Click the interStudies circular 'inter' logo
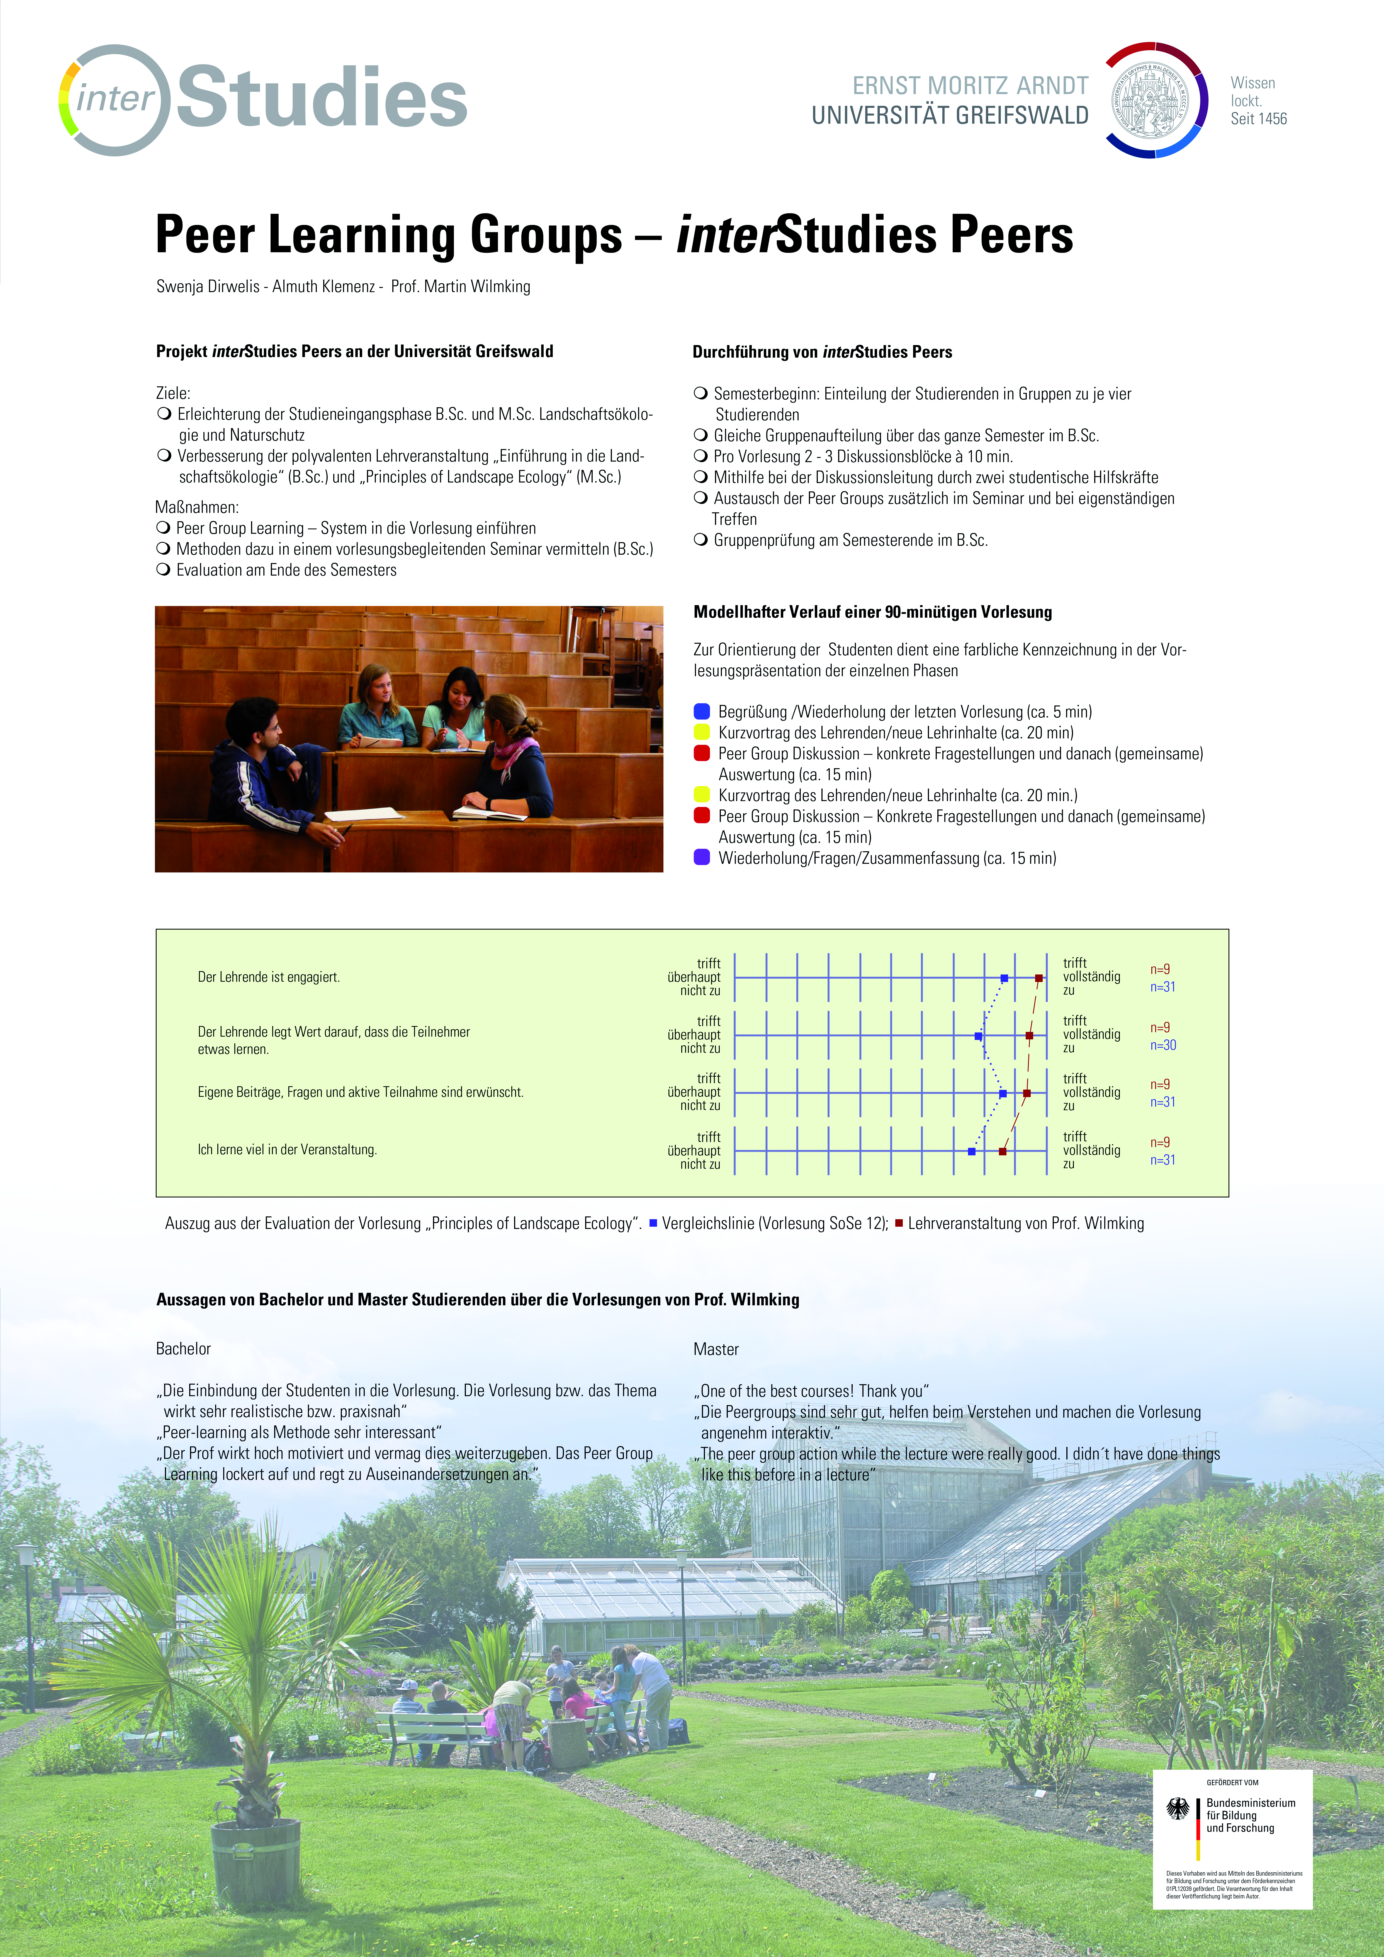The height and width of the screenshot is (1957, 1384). pyautogui.click(x=115, y=100)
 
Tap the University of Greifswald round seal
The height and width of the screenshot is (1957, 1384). pyautogui.click(x=1156, y=100)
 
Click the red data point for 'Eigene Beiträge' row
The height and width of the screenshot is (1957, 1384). pyautogui.click(x=1027, y=1093)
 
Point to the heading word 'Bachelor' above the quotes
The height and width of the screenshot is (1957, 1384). pyautogui.click(x=183, y=1349)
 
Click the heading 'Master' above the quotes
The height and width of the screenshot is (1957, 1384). pyautogui.click(x=716, y=1349)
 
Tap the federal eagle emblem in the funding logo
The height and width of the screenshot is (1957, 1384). pyautogui.click(x=1178, y=1808)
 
